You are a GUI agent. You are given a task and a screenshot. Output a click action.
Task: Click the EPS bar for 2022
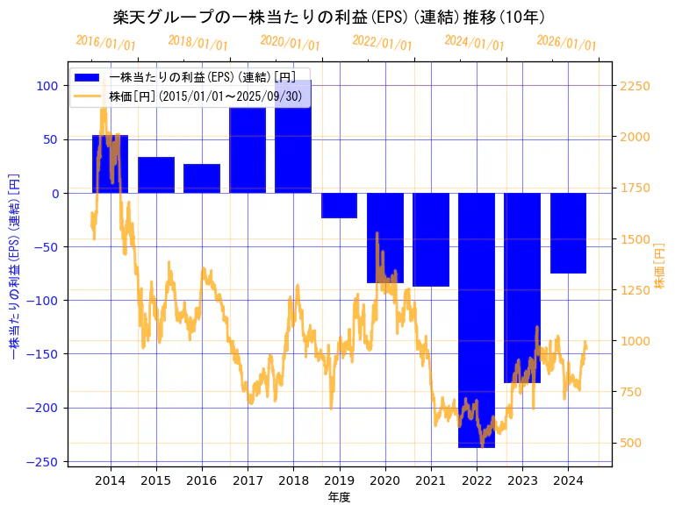pyautogui.click(x=477, y=320)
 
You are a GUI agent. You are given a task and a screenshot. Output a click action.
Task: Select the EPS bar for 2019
pyautogui.click(x=339, y=205)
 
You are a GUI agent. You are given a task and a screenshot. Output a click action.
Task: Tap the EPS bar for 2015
pyautogui.click(x=156, y=175)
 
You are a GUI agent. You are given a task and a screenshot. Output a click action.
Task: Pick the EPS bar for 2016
pyautogui.click(x=202, y=179)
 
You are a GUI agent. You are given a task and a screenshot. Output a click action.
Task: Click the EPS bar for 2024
pyautogui.click(x=568, y=233)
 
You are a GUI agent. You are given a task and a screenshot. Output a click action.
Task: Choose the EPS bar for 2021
pyautogui.click(x=431, y=239)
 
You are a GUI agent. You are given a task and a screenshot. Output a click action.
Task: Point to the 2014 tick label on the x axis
pyautogui.click(x=111, y=480)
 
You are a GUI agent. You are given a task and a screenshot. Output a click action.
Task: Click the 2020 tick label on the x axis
pyautogui.click(x=385, y=480)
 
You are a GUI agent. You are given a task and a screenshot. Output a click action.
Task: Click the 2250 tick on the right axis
pyautogui.click(x=634, y=86)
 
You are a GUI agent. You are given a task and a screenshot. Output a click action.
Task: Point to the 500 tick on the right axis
pyautogui.click(x=630, y=443)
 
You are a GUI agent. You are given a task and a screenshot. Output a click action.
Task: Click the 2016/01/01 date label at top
pyautogui.click(x=105, y=43)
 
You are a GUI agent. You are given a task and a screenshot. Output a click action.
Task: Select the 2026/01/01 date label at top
pyautogui.click(x=566, y=43)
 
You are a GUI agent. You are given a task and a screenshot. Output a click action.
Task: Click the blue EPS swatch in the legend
pyautogui.click(x=88, y=77)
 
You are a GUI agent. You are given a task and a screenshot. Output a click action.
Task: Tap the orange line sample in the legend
pyautogui.click(x=88, y=96)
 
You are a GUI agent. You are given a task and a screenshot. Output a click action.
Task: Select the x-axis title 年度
pyautogui.click(x=339, y=497)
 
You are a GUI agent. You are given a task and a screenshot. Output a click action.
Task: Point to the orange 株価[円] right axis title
pyautogui.click(x=660, y=267)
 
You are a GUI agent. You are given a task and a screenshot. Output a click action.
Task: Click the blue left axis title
pyautogui.click(x=13, y=267)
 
